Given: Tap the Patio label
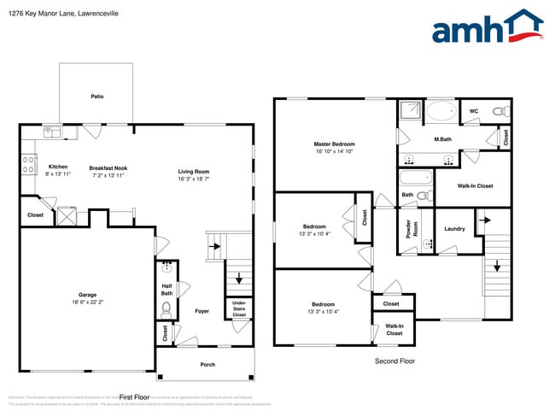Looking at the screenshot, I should [97, 97].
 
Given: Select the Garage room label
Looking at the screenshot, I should [88, 294].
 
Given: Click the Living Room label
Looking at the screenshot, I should [194, 171].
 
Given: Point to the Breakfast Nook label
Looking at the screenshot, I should [108, 167].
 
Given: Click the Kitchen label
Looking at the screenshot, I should [58, 167].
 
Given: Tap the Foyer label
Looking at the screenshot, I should [202, 311].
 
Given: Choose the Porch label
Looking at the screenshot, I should [207, 365].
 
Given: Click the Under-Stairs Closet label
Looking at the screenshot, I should [239, 308].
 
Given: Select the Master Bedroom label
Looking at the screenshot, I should [334, 144].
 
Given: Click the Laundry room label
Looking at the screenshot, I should [454, 228].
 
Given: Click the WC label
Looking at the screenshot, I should [473, 111].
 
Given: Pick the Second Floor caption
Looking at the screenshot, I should [395, 361].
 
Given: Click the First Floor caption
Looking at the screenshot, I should [134, 397].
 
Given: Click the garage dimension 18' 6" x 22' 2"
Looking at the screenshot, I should [88, 302].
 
